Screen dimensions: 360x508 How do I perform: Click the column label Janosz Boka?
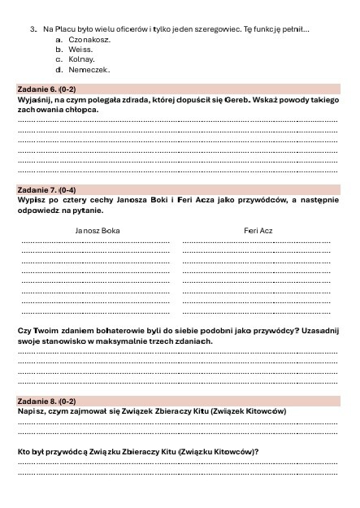pyautogui.click(x=97, y=231)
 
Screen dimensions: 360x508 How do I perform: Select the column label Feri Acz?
pyautogui.click(x=258, y=231)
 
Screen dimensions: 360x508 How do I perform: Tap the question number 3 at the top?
pyautogui.click(x=33, y=28)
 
